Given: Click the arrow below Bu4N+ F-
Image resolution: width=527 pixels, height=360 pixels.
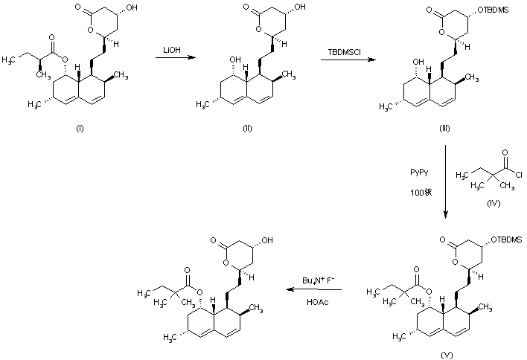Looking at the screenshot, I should (x=311, y=292).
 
